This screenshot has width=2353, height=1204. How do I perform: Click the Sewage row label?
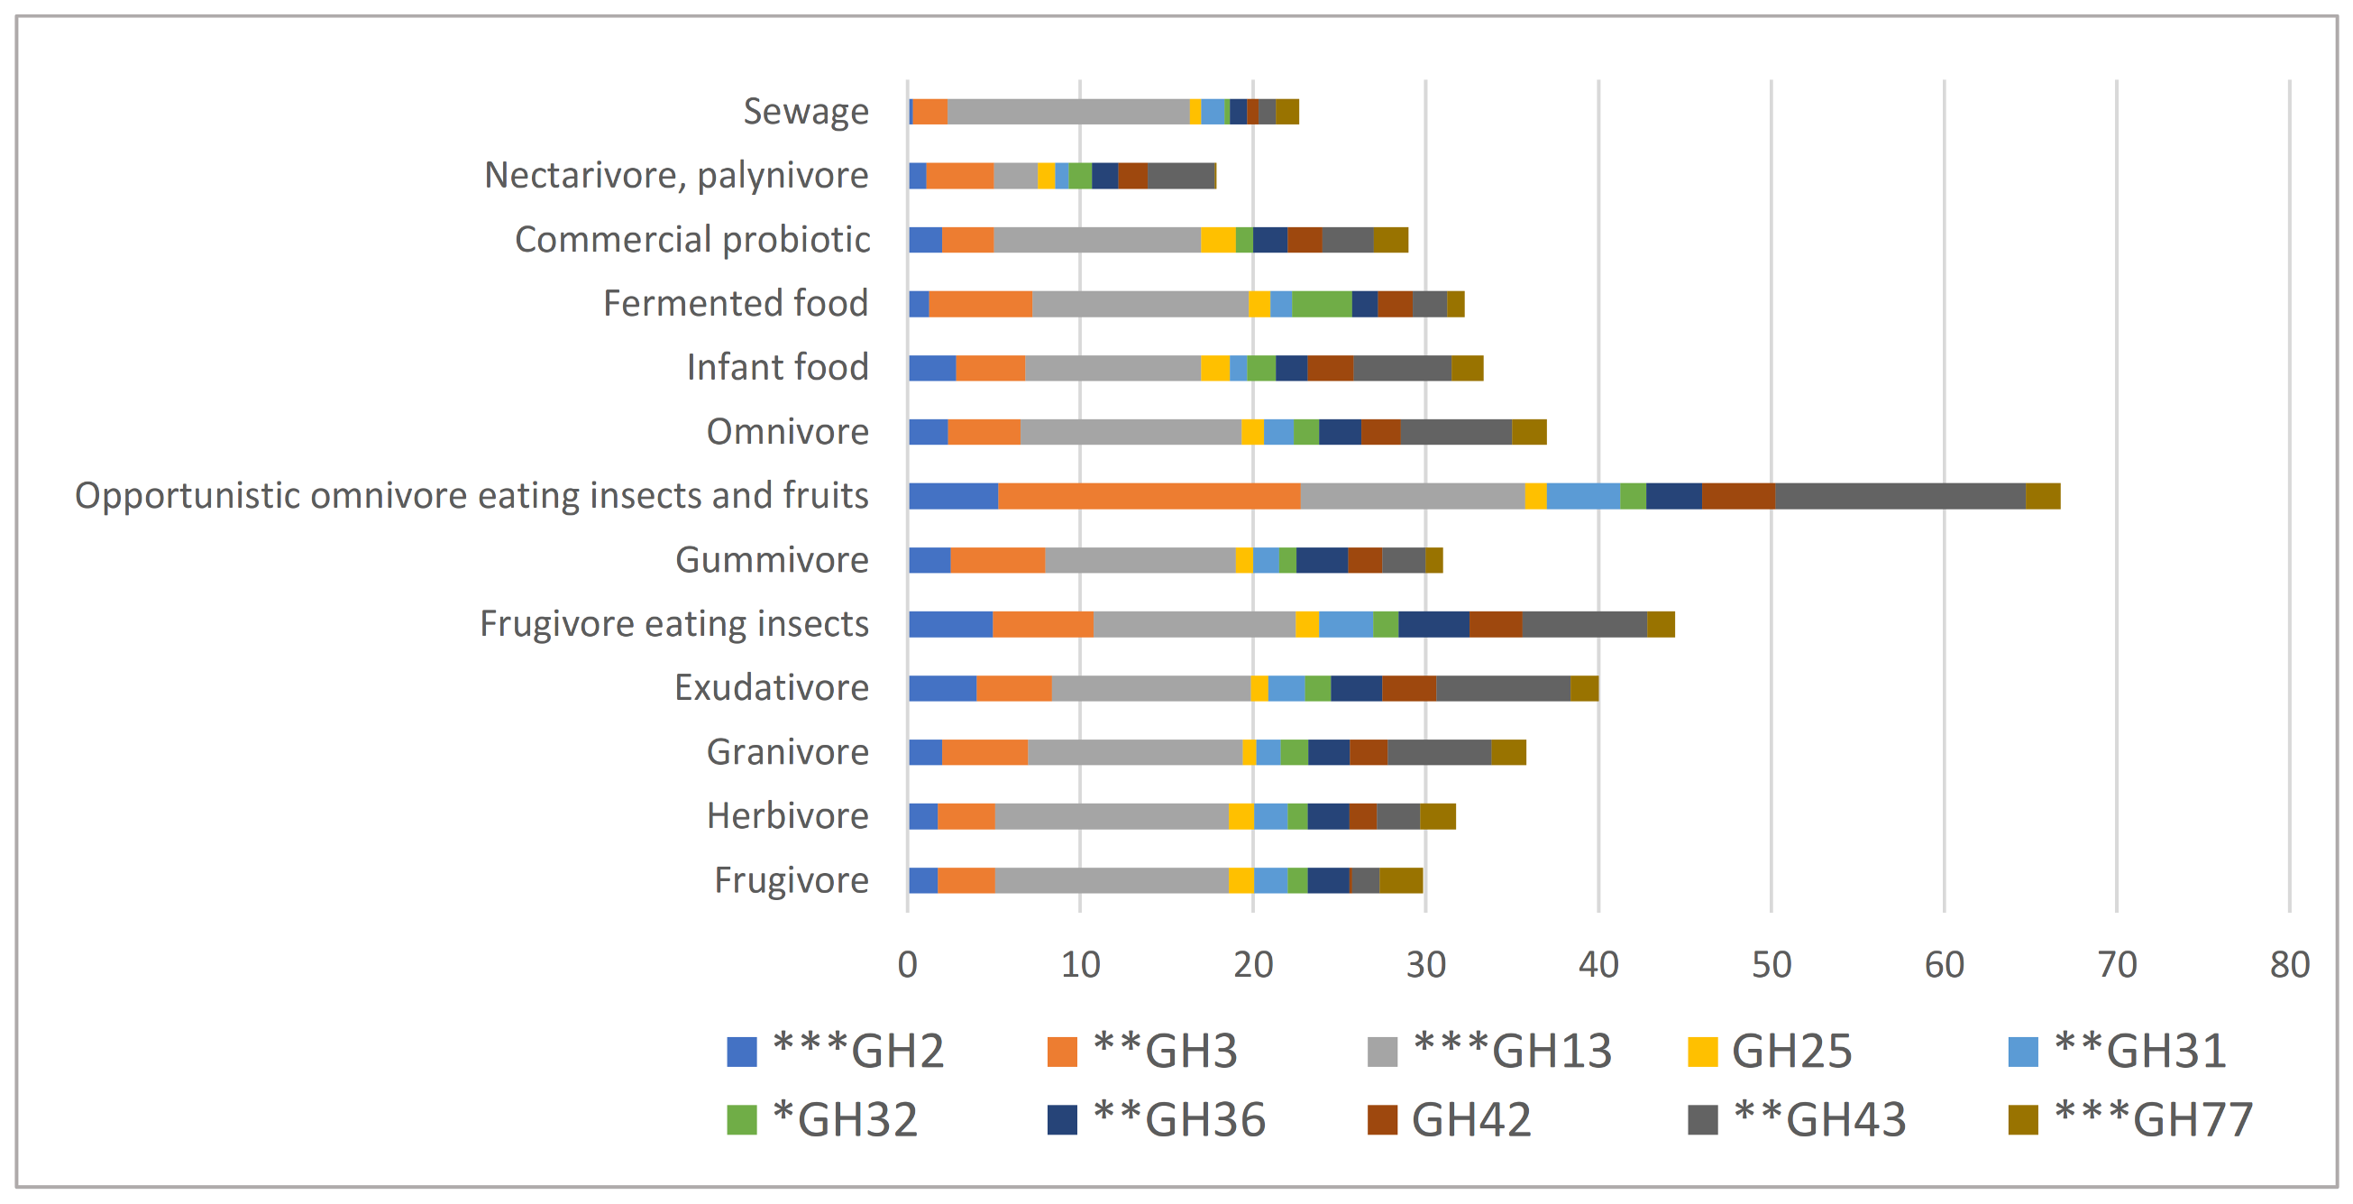[x=805, y=112]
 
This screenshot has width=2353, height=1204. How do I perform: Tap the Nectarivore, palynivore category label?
[x=676, y=175]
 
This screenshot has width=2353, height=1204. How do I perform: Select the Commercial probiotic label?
[x=691, y=239]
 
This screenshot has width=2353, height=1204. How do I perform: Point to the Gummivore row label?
[x=771, y=560]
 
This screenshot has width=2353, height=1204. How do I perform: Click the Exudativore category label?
[x=771, y=688]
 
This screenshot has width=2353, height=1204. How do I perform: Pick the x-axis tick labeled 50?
[x=1771, y=965]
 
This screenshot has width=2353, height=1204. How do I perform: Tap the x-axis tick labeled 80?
[x=2289, y=965]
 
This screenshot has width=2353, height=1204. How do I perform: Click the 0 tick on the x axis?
[x=907, y=965]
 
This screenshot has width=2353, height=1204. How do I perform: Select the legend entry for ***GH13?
[x=1490, y=1052]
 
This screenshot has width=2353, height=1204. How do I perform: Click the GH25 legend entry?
[x=1771, y=1052]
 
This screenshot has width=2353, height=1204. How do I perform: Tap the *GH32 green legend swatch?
[x=742, y=1120]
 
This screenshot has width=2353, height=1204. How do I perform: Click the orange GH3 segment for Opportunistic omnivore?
[x=1149, y=496]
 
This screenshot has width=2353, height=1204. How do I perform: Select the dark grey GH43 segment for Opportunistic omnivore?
[x=1899, y=496]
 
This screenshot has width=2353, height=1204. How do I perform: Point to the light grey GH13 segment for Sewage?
[x=1067, y=112]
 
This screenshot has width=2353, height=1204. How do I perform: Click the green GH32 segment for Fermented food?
[x=1321, y=304]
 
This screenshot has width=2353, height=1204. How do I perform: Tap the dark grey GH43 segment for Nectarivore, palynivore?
[x=1180, y=175]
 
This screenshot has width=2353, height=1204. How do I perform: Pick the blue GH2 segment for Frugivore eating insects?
[x=950, y=624]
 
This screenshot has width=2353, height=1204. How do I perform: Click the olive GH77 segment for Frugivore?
[x=1400, y=880]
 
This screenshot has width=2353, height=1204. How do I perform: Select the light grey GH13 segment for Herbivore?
[x=1111, y=816]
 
